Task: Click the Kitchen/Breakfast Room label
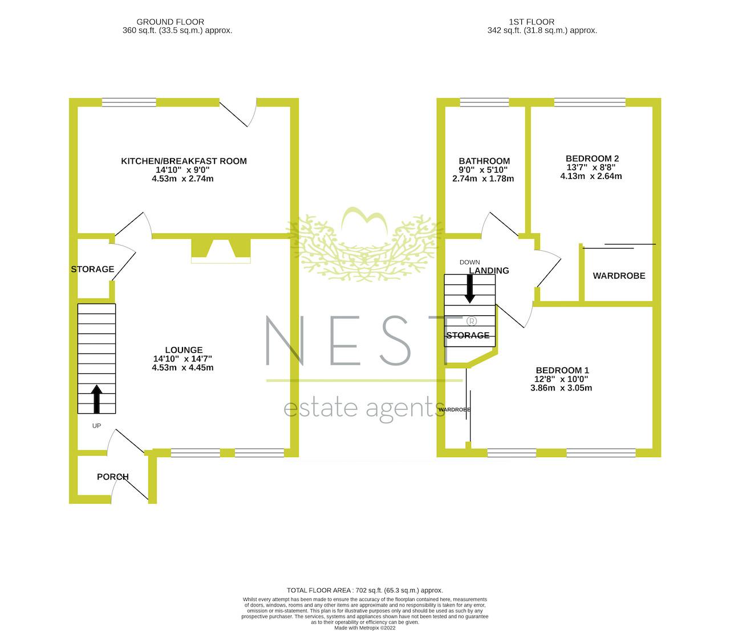pyautogui.click(x=184, y=161)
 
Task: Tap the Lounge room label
pyautogui.click(x=184, y=350)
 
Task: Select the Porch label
pyautogui.click(x=113, y=477)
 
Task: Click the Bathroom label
pyautogui.click(x=484, y=161)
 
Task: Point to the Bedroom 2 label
pyautogui.click(x=592, y=159)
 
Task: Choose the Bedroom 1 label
pyautogui.click(x=562, y=371)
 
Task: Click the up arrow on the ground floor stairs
pyautogui.click(x=96, y=399)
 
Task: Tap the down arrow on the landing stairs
pyautogui.click(x=470, y=288)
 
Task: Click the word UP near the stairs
pyautogui.click(x=96, y=426)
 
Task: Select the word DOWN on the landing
pyautogui.click(x=470, y=262)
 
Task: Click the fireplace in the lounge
pyautogui.click(x=221, y=251)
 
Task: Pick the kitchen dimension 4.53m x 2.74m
pyautogui.click(x=182, y=179)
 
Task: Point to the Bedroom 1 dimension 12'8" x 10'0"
pyautogui.click(x=561, y=380)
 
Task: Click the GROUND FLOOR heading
pyautogui.click(x=170, y=22)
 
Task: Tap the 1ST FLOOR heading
pyautogui.click(x=532, y=22)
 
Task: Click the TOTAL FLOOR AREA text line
pyautogui.click(x=365, y=591)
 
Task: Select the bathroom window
pyautogui.click(x=485, y=103)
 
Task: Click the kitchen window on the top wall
pyautogui.click(x=129, y=103)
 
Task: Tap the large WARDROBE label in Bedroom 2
pyautogui.click(x=619, y=276)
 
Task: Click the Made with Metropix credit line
pyautogui.click(x=365, y=628)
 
